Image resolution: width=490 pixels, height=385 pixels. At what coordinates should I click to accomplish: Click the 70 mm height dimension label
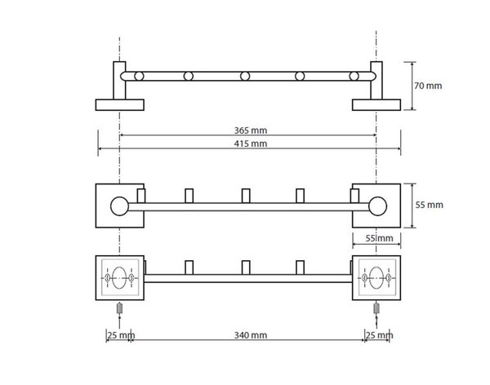pos(428,86)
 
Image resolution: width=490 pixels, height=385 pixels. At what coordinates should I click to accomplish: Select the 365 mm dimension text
pos(251,131)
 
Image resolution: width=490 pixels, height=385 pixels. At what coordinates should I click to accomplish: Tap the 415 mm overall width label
pos(251,144)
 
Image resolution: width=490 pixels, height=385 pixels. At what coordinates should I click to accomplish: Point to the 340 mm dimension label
pos(251,335)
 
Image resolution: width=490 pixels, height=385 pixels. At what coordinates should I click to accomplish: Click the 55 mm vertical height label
pos(429,205)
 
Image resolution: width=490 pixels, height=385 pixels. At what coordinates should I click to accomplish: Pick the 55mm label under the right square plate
pos(380,238)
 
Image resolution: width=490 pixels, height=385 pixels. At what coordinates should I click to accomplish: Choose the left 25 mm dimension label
pos(121,336)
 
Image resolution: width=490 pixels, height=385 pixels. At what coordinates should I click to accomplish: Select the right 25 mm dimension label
pos(380,336)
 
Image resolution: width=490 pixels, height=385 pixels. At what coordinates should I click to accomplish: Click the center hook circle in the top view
pos(245,76)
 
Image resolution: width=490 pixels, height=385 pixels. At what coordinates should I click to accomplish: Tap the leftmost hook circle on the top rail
pos(139,76)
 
